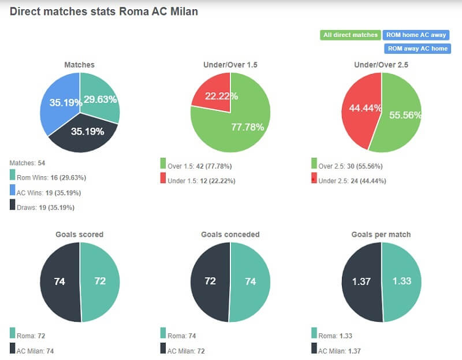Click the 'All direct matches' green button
(x=350, y=35)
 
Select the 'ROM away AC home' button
(x=418, y=49)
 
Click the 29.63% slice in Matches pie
(x=99, y=99)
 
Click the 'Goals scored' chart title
(x=80, y=235)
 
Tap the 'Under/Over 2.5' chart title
(x=381, y=65)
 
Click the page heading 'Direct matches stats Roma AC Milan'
(x=104, y=11)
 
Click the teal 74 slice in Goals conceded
(x=251, y=281)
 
